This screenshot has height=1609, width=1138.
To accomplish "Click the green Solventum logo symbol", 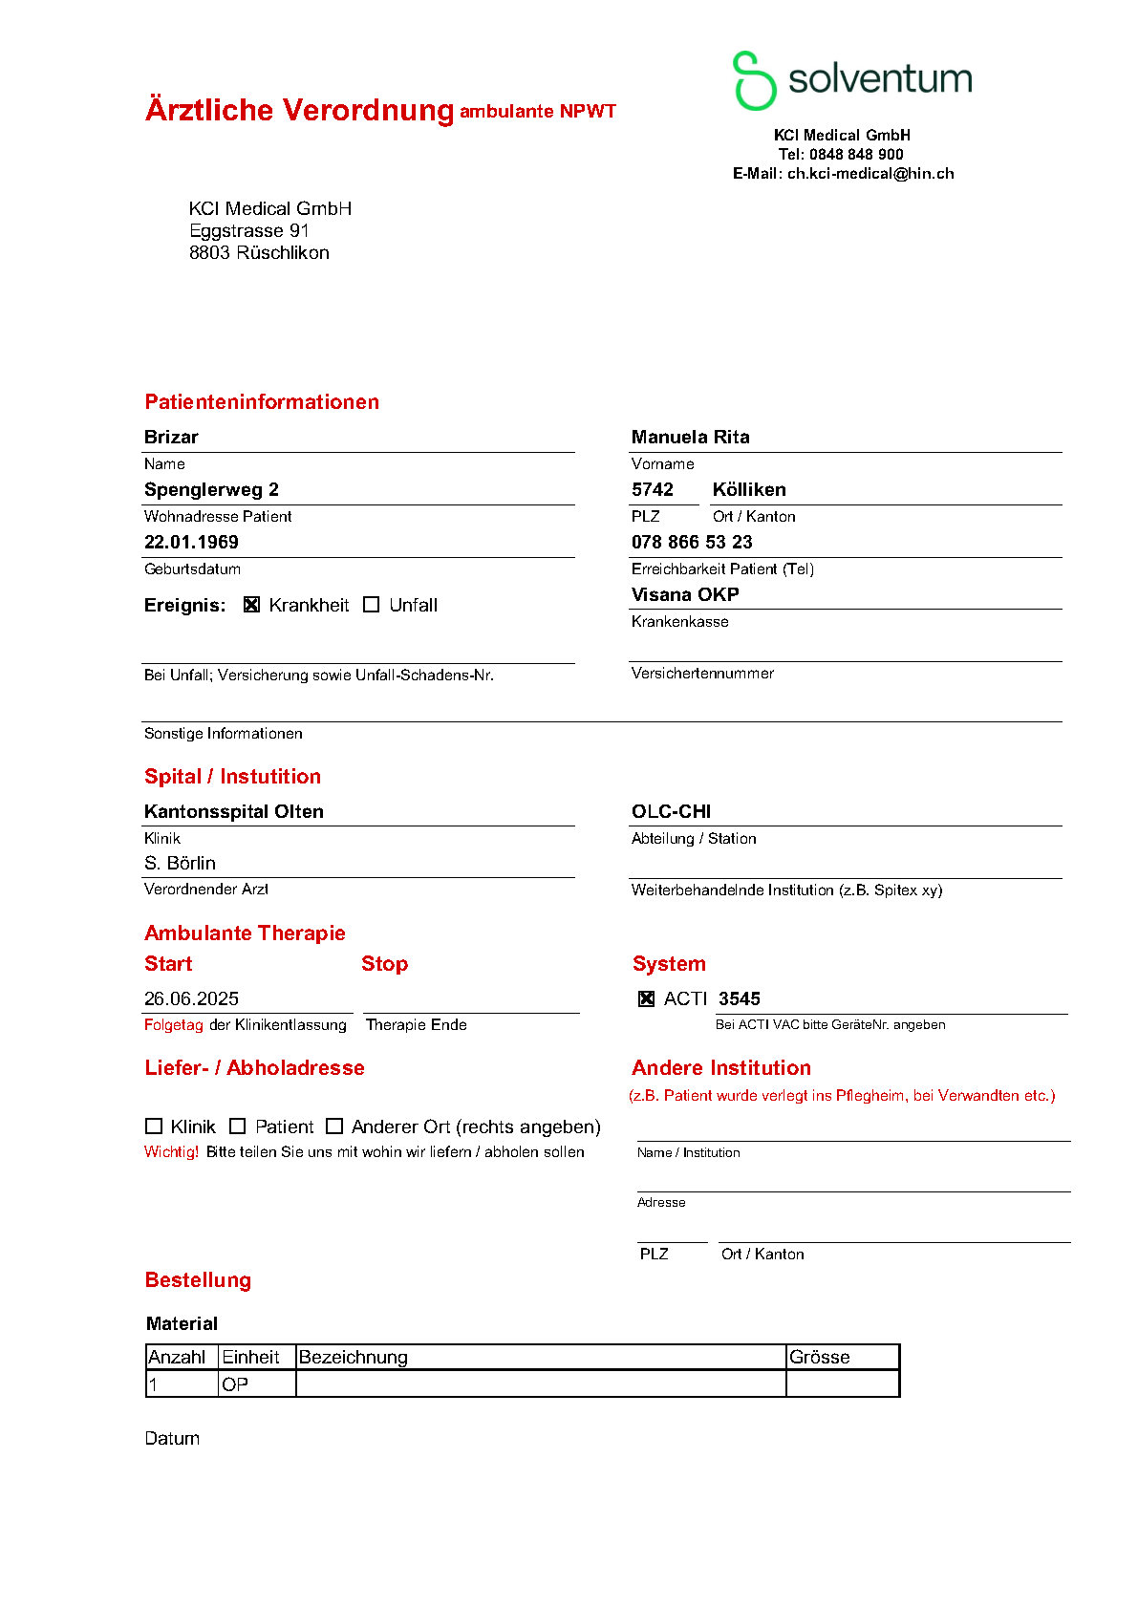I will (x=754, y=80).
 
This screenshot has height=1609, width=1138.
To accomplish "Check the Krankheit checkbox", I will (x=252, y=605).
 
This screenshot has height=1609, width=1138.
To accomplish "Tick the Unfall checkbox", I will (x=372, y=605).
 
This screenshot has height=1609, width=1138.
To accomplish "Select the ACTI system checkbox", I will (x=647, y=998).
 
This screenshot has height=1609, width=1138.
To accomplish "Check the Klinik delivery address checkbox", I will (x=154, y=1126).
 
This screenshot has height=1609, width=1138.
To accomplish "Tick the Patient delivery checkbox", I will (x=238, y=1126).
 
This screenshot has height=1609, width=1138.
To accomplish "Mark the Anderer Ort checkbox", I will (x=334, y=1126).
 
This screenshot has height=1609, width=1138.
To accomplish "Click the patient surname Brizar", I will (x=171, y=437).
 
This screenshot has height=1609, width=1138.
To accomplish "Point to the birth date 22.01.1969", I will (x=191, y=542).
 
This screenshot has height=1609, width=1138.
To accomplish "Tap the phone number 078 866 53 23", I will (x=692, y=542).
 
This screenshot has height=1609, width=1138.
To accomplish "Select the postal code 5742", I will (x=653, y=489).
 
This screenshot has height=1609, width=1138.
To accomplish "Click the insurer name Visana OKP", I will (x=685, y=594).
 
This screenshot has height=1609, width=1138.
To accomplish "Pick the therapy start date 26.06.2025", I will (x=191, y=998).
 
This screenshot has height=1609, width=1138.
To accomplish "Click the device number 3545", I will (x=740, y=998).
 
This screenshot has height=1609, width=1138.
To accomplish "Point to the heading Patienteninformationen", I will (x=262, y=401).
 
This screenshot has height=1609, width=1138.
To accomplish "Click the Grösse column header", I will (x=820, y=1357).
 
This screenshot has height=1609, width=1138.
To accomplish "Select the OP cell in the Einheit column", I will (x=235, y=1384).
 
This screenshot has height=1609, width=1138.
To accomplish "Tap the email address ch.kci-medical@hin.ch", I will (x=870, y=173).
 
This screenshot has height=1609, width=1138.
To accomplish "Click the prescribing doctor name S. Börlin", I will (x=180, y=863).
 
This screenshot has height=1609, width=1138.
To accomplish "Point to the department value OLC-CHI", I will (x=671, y=811).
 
